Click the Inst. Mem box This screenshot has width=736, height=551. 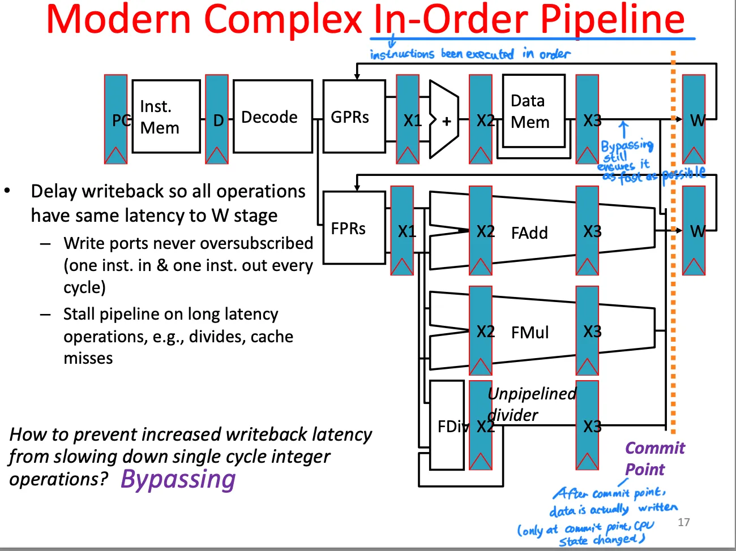(x=165, y=117)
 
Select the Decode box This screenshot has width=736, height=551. (x=272, y=117)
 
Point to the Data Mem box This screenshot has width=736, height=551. (x=533, y=111)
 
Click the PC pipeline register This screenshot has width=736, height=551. (x=116, y=119)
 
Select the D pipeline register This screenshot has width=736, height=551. (x=217, y=119)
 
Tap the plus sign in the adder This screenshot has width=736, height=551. (x=447, y=121)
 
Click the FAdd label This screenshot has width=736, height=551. (x=529, y=233)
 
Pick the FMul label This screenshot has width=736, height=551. (x=529, y=333)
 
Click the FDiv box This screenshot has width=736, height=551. (x=447, y=425)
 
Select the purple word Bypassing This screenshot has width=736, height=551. (x=178, y=480)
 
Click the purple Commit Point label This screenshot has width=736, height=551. (x=654, y=458)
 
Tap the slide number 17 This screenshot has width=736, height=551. (x=683, y=522)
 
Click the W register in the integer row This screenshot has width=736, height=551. (x=694, y=119)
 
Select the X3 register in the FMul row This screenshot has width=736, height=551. (x=588, y=331)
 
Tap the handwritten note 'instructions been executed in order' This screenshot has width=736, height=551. (x=470, y=54)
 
